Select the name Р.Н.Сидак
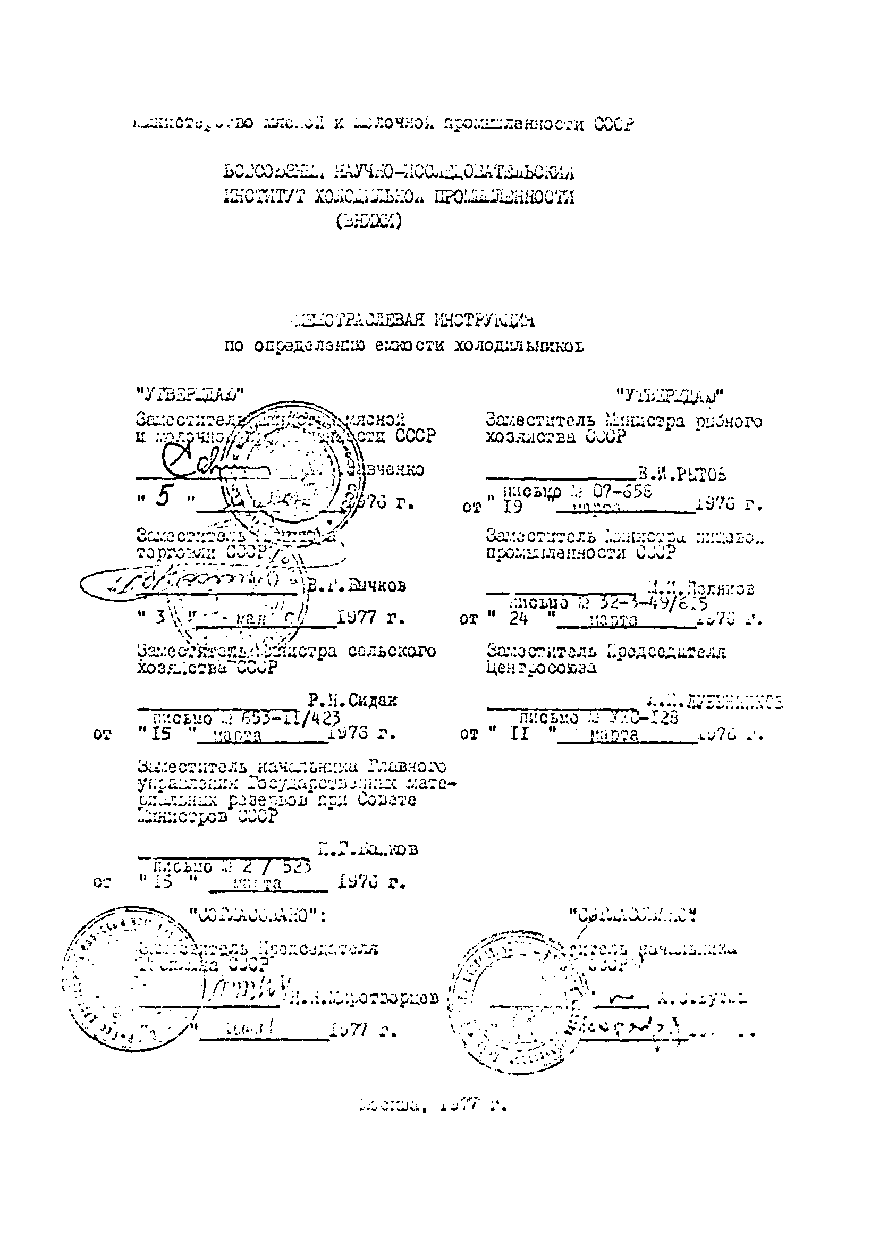click(x=352, y=700)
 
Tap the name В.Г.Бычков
click(x=356, y=586)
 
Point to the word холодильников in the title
click(x=519, y=346)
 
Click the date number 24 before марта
click(x=517, y=619)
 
